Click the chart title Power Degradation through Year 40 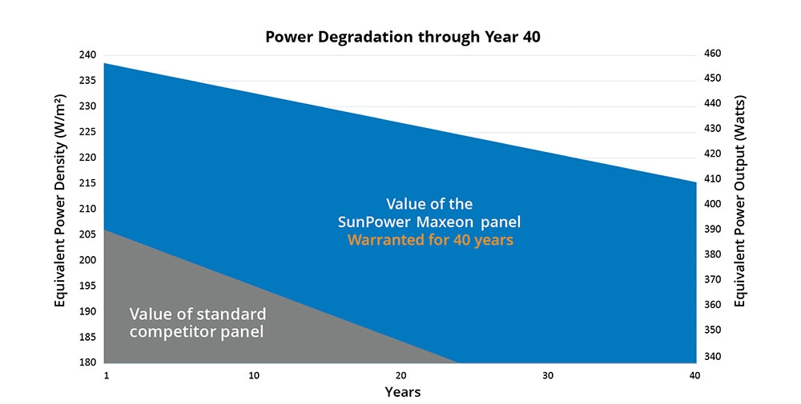(400, 37)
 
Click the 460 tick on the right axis (713, 54)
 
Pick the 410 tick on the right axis (713, 179)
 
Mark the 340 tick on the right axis (713, 356)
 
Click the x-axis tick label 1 (106, 376)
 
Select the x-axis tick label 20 (400, 376)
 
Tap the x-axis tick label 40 (694, 376)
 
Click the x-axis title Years (402, 392)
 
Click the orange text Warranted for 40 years (430, 240)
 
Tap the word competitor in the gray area (172, 331)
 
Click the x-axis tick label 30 (548, 376)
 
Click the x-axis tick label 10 (253, 376)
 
